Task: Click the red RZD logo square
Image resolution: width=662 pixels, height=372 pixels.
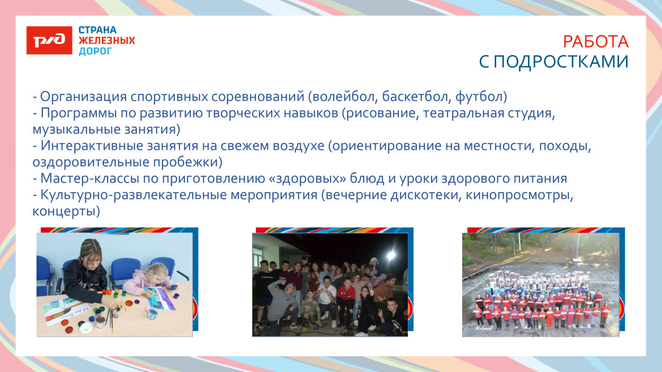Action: tap(49, 40)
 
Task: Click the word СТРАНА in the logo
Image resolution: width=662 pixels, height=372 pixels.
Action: tap(97, 30)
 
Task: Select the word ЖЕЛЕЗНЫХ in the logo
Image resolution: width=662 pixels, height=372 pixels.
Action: tap(106, 41)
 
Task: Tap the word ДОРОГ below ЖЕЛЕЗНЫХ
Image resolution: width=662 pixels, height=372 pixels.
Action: tap(95, 51)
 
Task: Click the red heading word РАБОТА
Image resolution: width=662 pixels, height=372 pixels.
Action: tap(595, 41)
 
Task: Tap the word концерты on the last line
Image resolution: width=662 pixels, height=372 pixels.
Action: tap(66, 211)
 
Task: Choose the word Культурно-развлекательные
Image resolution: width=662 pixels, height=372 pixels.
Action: tap(133, 195)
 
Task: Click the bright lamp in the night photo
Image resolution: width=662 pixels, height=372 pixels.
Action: tap(391, 256)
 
